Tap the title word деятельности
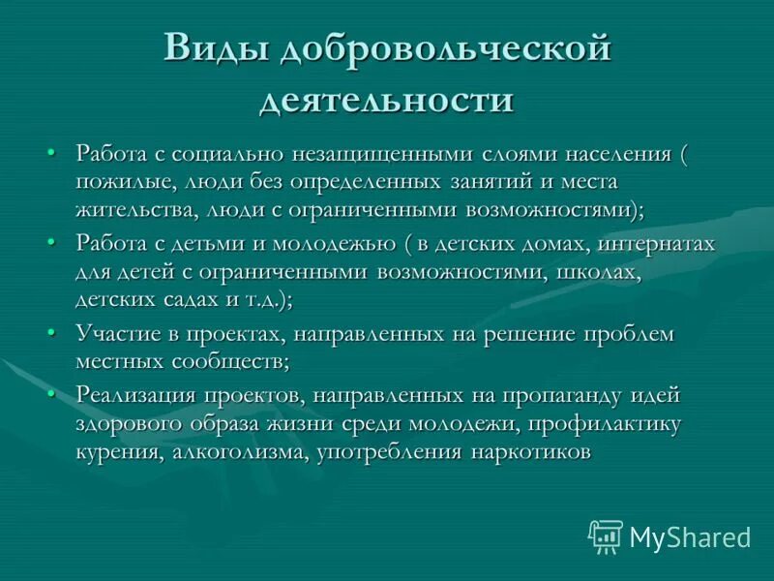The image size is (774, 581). click(x=386, y=100)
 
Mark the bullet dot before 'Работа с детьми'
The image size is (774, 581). click(x=52, y=242)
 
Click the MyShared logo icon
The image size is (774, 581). click(x=606, y=535)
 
